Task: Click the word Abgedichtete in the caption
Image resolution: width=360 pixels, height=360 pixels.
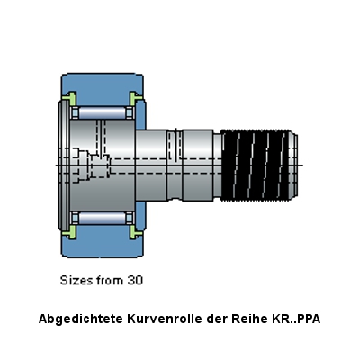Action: point(81,319)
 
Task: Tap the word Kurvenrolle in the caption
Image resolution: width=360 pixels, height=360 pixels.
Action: point(165,319)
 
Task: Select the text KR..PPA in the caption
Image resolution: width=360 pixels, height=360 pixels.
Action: point(296,319)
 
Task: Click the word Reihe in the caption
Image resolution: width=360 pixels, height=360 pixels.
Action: point(249,319)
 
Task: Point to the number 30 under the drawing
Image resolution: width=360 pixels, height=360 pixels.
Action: point(135,280)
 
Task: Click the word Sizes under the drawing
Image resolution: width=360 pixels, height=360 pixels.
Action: point(76,280)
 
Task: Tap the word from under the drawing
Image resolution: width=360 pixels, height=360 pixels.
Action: point(110,280)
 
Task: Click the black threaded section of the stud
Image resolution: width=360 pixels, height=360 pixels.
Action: point(255,166)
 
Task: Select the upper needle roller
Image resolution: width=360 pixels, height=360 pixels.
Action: point(103,112)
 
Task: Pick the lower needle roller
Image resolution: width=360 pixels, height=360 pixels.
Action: point(103,218)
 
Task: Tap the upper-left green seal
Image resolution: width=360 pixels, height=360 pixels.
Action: point(69,98)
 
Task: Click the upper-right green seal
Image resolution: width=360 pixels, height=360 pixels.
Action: point(136,98)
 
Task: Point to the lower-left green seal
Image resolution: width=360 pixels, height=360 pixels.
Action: point(69,232)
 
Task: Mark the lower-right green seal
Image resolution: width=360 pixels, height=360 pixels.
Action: point(136,232)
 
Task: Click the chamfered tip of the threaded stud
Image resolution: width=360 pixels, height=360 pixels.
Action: point(293,166)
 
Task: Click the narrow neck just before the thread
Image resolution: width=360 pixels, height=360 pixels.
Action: point(217,166)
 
